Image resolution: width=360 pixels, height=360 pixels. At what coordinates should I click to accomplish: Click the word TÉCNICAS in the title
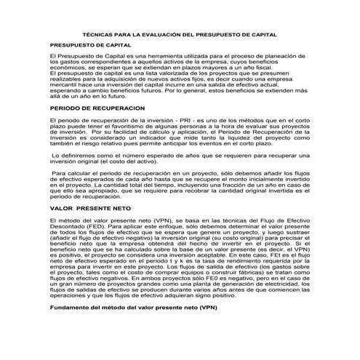click(98, 34)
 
